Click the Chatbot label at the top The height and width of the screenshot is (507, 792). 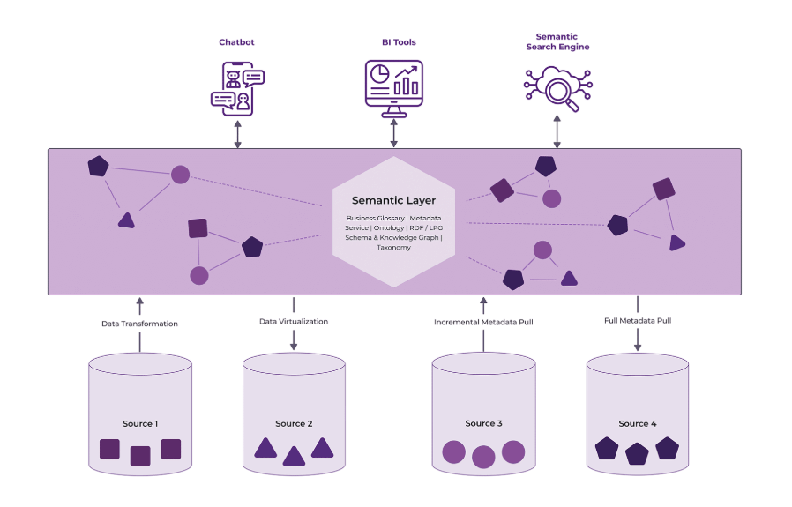(x=236, y=42)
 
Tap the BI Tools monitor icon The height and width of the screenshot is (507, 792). (x=393, y=89)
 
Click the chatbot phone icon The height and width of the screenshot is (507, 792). (x=237, y=89)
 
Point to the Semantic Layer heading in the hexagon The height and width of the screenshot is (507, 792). (x=393, y=200)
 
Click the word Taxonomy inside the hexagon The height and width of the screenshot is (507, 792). (x=393, y=248)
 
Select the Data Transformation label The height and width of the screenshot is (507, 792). (x=139, y=324)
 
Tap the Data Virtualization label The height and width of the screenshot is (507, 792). (x=294, y=322)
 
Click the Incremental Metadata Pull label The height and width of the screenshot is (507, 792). (x=483, y=323)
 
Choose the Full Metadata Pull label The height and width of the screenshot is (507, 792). (x=638, y=321)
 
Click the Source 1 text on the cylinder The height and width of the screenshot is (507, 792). (x=140, y=424)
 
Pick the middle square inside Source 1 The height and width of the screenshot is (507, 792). (x=140, y=456)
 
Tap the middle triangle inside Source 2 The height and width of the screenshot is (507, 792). (x=294, y=456)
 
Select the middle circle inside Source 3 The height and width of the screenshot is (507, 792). (x=483, y=456)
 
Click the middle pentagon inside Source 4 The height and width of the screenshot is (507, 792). (x=637, y=454)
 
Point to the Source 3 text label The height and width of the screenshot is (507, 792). (x=483, y=424)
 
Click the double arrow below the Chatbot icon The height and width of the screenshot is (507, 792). (x=237, y=134)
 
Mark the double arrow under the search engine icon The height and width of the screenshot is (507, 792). (x=557, y=133)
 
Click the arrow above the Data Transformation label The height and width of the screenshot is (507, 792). (x=139, y=306)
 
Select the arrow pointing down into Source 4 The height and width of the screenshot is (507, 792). (x=638, y=340)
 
